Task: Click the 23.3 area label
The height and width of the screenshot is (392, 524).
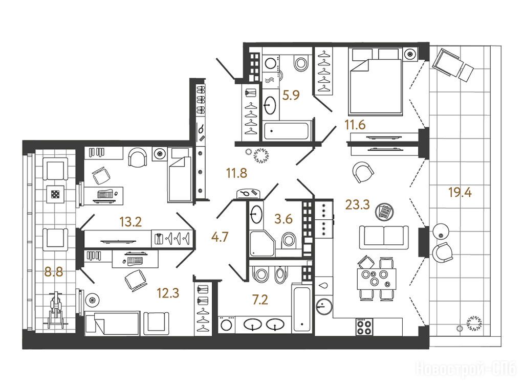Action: point(357,204)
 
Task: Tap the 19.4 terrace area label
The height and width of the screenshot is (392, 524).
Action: point(460,192)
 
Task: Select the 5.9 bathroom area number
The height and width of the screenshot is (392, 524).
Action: point(291,96)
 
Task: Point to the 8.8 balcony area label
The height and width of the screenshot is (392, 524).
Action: point(54,272)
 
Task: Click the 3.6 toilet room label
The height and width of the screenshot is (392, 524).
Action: point(283,219)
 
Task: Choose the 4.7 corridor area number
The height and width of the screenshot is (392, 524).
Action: point(220,237)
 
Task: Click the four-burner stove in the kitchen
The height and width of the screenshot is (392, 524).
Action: point(364,327)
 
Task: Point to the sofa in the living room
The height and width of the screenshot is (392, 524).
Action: point(384,237)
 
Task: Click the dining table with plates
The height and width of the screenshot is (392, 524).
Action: point(376,279)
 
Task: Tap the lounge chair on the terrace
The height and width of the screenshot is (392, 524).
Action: point(452,65)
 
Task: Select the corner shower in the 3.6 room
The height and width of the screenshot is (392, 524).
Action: point(261,243)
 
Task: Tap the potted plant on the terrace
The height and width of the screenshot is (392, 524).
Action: point(474,323)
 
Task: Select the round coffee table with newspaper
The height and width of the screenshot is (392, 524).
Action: point(384,212)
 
